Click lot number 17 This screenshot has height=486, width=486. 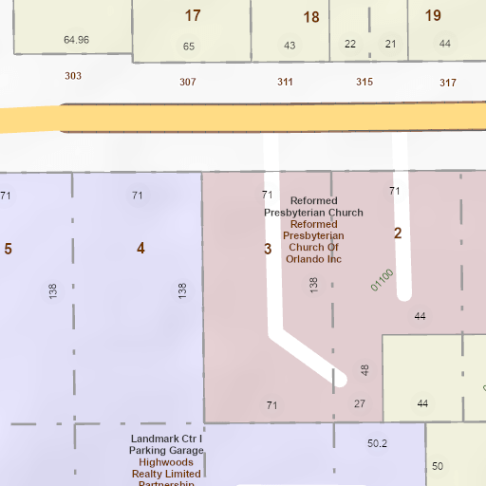click(x=193, y=15)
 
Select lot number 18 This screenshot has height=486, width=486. click(x=311, y=17)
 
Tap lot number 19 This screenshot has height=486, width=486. click(x=433, y=15)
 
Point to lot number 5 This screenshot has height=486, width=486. click(x=9, y=249)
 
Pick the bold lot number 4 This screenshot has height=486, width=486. click(x=140, y=249)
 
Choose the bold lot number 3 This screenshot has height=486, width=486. click(x=268, y=249)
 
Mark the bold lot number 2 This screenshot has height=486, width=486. click(x=398, y=234)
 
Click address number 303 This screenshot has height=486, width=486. click(x=73, y=76)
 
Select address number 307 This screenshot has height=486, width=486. click(x=188, y=82)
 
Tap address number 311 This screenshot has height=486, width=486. click(x=285, y=82)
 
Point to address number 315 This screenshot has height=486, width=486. click(x=364, y=82)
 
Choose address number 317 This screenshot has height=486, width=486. click(x=448, y=83)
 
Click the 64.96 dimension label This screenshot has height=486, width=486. click(x=76, y=40)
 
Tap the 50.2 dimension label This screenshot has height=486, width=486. click(x=378, y=442)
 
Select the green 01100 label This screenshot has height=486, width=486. click(x=382, y=279)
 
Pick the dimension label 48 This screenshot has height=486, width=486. click(x=364, y=369)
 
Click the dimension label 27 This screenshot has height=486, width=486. click(x=359, y=404)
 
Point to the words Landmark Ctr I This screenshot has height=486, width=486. click(x=167, y=439)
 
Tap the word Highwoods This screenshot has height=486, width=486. click(x=166, y=462)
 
